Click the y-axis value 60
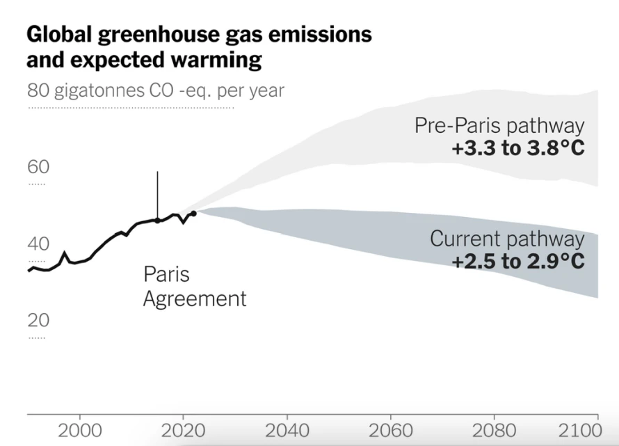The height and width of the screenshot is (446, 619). point(39,167)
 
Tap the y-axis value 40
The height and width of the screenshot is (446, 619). point(39,244)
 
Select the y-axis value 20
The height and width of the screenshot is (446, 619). point(39,320)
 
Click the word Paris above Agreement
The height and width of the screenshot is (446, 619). point(166,274)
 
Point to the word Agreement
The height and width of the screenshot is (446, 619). point(195,299)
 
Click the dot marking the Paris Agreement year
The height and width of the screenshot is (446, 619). point(157,221)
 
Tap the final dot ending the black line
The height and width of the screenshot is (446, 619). point(193,213)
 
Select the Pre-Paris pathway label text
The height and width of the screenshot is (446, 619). point(499,126)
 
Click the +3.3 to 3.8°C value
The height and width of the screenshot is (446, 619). point(518,148)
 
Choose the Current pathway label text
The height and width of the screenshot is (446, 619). point(507,239)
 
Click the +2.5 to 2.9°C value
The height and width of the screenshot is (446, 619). point(518,262)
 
